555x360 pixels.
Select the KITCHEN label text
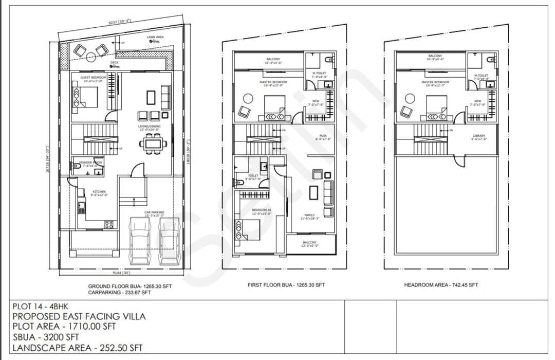click(99, 192)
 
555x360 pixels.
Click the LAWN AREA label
click(155, 38)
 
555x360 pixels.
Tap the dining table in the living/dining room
click(152, 143)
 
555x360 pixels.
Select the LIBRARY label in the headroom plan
click(479, 136)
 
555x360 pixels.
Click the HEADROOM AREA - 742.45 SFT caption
click(441, 284)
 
